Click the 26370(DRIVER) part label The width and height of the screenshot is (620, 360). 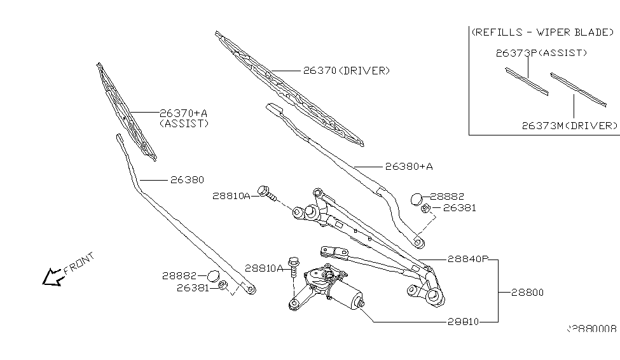coord(346,71)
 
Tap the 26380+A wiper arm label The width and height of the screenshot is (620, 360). coord(409,167)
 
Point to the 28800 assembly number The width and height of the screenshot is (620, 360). coord(527,293)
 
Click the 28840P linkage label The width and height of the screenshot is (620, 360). coord(467,259)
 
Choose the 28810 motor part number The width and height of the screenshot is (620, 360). coord(463,322)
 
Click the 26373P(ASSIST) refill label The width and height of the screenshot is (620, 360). coord(541,53)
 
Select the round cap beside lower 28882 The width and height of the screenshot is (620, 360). coord(215,276)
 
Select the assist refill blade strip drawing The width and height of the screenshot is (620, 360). coord(526,81)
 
